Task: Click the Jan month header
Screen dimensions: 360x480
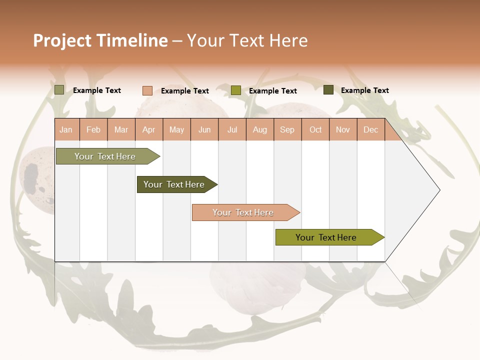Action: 66,129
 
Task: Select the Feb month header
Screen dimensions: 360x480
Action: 93,129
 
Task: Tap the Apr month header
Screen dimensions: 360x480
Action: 148,129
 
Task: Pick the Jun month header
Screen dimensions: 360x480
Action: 204,129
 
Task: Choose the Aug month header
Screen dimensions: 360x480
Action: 259,129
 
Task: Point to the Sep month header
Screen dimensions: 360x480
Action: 287,129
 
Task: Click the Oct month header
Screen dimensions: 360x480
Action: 315,129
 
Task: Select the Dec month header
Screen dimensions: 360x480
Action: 370,129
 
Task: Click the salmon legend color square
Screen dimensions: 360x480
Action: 147,90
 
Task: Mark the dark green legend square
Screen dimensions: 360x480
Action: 328,90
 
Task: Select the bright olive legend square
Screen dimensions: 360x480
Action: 236,90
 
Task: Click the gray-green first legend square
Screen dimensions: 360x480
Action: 59,90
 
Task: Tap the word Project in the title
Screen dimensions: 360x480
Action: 62,40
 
